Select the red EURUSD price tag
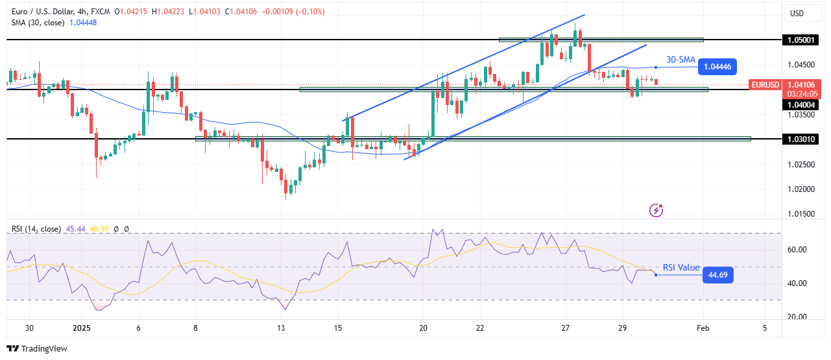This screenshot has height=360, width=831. (766, 84)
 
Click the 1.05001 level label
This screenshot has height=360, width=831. (801, 40)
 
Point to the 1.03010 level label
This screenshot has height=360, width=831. (801, 139)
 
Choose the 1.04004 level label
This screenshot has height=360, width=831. (801, 104)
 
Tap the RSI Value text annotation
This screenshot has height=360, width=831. (681, 267)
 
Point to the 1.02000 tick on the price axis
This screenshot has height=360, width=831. (799, 189)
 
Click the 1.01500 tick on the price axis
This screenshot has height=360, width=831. (799, 213)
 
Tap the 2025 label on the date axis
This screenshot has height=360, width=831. (81, 328)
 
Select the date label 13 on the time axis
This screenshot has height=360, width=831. (281, 328)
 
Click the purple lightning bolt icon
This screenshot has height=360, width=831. (656, 210)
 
